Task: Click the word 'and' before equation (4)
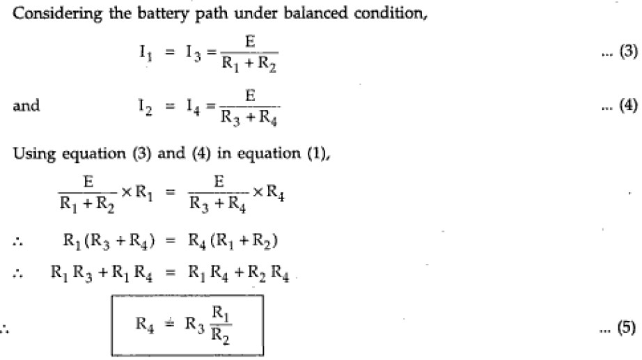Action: click(x=26, y=107)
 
